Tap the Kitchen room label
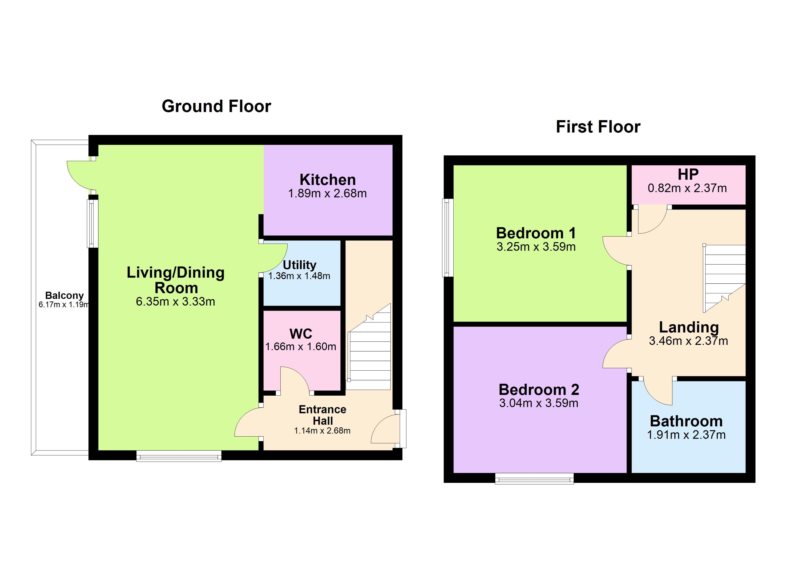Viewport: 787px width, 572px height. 328,180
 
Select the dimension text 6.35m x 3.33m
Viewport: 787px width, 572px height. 175,301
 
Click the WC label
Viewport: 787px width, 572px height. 301,334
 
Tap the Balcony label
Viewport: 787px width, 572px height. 65,296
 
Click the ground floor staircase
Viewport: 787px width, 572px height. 369,347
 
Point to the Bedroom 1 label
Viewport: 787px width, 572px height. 536,233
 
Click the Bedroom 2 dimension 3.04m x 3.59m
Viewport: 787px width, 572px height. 538,403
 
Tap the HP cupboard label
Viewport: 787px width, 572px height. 688,174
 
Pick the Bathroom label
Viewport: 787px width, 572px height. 686,421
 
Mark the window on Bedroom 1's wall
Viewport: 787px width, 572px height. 448,238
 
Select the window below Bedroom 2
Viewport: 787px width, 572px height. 534,478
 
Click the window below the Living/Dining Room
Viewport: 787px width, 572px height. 179,456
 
